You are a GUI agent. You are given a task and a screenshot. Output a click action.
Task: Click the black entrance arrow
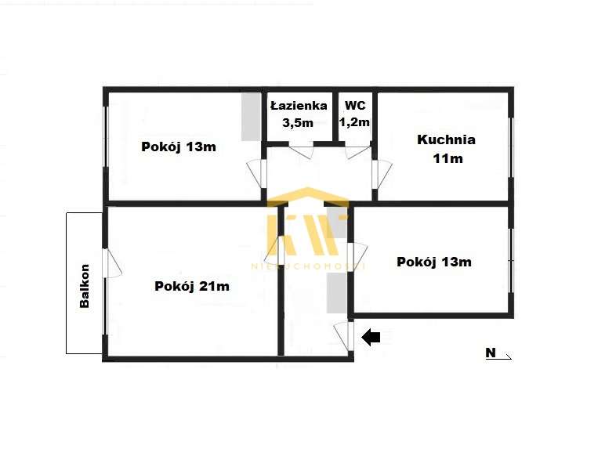pos(371,338)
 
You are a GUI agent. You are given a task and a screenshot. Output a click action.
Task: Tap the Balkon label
pos(85,287)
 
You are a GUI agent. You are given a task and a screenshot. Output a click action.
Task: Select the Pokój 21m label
pos(192,286)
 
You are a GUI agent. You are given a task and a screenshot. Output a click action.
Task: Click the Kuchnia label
pos(446,140)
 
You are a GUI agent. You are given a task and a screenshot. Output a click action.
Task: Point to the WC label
pos(355,104)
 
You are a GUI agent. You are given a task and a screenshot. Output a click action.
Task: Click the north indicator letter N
pos(491,353)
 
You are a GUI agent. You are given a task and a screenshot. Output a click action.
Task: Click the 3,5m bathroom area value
pos(297,122)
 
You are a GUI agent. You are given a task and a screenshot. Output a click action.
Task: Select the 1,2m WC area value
pos(354,122)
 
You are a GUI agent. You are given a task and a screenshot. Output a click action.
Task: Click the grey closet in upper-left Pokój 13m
pos(250,117)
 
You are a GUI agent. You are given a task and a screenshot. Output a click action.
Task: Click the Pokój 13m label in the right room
pos(434,262)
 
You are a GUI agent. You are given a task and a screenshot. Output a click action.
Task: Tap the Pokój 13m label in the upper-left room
pos(179,147)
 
